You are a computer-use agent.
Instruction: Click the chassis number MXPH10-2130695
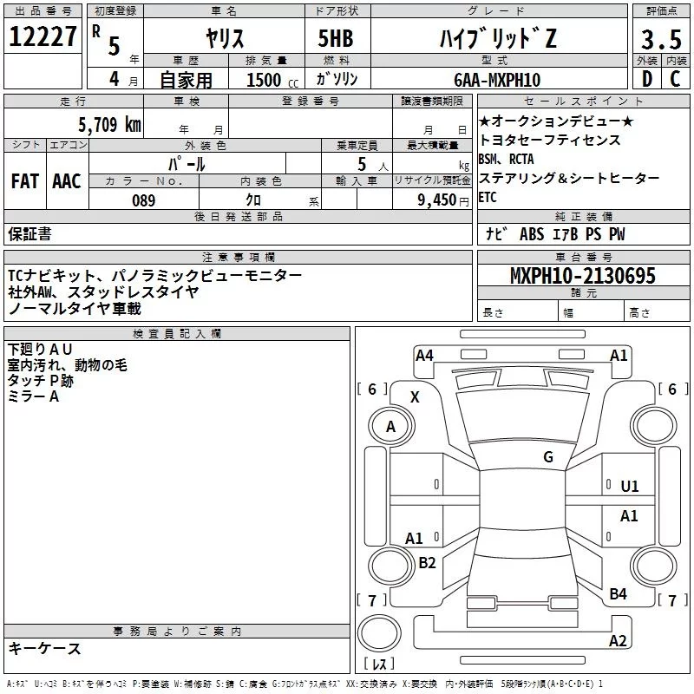[x=583, y=277]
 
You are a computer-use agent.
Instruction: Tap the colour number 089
[x=143, y=200]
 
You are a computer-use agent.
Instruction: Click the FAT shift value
[x=25, y=180]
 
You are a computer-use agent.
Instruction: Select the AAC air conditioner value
[x=67, y=180]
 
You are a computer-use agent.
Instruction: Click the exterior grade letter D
[x=646, y=80]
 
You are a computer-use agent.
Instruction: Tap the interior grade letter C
[x=676, y=80]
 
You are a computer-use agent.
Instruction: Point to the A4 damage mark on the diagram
[x=424, y=355]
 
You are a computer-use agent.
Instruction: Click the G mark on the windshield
[x=548, y=456]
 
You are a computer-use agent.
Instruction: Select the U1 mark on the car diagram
[x=630, y=487]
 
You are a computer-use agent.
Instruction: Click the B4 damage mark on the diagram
[x=619, y=594]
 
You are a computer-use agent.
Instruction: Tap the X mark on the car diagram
[x=415, y=396]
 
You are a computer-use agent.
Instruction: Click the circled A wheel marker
[x=390, y=426]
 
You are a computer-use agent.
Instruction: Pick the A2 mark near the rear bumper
[x=618, y=641]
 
